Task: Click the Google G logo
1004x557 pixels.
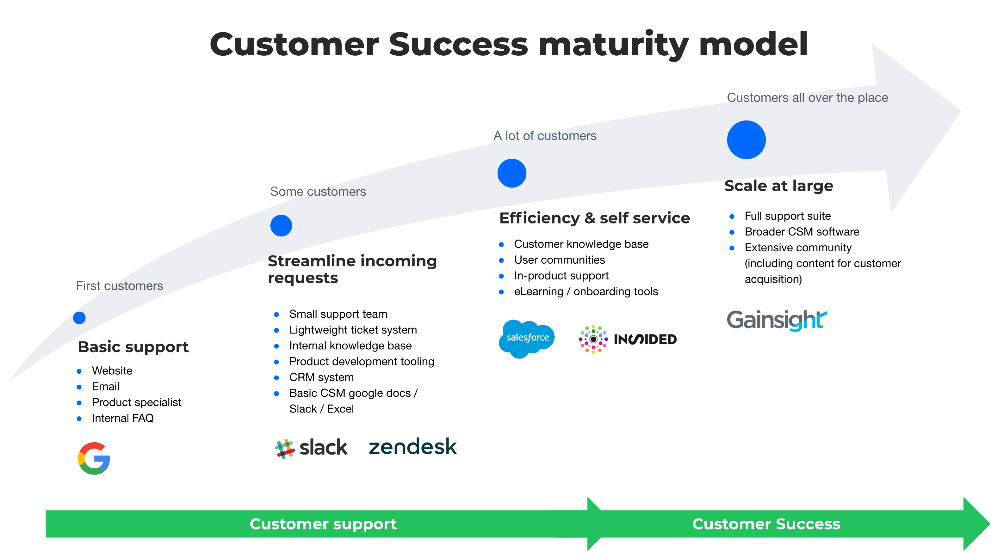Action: point(94,458)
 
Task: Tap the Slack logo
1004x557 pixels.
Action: point(311,448)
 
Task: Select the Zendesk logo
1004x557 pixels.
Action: point(412,446)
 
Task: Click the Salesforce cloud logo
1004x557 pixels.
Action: point(527,338)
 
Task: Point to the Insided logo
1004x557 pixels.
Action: point(628,339)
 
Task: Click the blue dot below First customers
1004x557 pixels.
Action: point(79,318)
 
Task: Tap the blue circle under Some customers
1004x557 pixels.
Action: point(281,225)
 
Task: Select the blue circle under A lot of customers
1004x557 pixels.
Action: point(512,173)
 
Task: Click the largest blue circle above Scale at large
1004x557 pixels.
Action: point(746,140)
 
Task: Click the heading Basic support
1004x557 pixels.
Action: point(133,347)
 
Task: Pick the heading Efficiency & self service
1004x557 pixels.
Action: point(594,218)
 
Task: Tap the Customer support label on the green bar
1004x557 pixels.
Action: point(323,524)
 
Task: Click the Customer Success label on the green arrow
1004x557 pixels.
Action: point(766,524)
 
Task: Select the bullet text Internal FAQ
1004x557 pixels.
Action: point(122,418)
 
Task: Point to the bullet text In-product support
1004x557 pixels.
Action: point(561,275)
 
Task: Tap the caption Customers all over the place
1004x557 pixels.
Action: point(807,97)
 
